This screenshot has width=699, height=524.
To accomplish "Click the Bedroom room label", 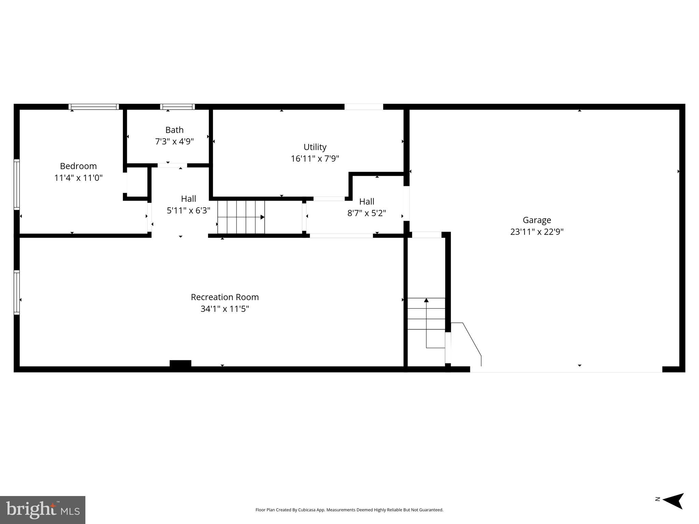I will tap(78, 166).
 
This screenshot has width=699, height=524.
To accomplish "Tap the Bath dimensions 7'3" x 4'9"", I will tap(174, 142).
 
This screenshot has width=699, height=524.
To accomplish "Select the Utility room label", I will tap(315, 147).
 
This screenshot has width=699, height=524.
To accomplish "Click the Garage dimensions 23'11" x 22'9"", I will tap(536, 232).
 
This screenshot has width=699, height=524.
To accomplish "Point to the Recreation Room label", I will tap(225, 297).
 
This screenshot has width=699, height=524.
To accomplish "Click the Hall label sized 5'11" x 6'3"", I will tap(188, 199).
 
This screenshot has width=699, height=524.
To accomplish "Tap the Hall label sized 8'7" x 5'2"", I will tap(367, 202).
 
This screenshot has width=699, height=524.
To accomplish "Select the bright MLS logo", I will tap(43, 510).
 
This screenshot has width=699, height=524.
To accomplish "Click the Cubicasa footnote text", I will tap(349, 510).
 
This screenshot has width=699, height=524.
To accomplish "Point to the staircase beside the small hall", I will tap(241, 217).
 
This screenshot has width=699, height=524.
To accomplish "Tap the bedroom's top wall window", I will tap(94, 107).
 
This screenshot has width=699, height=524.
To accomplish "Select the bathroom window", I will tap(177, 107).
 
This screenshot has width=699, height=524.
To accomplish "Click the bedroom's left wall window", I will tap(16, 184).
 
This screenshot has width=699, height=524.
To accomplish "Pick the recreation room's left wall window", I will tap(16, 292).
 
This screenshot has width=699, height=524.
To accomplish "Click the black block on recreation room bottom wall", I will tap(180, 363).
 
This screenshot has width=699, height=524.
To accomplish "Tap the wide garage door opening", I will tap(566, 369).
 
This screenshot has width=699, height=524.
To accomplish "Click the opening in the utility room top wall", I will tap(363, 107).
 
